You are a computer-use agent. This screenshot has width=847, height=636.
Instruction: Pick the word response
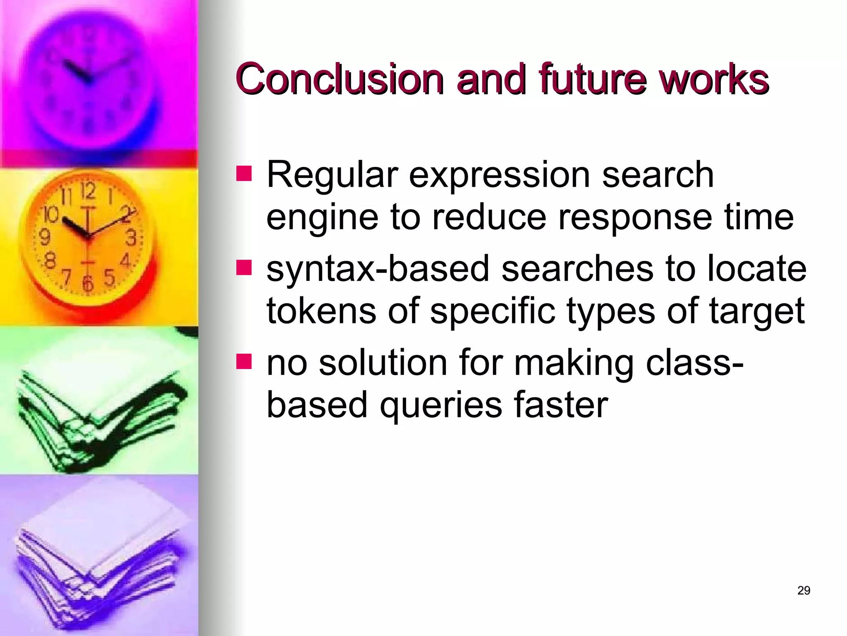[634, 218]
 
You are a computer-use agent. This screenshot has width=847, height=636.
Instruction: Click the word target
[756, 311]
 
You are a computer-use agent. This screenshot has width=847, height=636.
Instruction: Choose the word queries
[441, 405]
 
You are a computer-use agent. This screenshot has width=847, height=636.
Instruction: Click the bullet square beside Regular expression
[244, 174]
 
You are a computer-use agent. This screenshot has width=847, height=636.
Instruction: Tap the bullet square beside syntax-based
[244, 267]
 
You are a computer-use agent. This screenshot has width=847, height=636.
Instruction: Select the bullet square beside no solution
[244, 361]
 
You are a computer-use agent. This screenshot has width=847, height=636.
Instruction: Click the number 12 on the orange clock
[88, 191]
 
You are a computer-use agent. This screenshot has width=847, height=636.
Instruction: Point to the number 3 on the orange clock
[131, 238]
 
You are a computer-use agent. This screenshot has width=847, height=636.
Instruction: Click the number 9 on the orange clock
[44, 237]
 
